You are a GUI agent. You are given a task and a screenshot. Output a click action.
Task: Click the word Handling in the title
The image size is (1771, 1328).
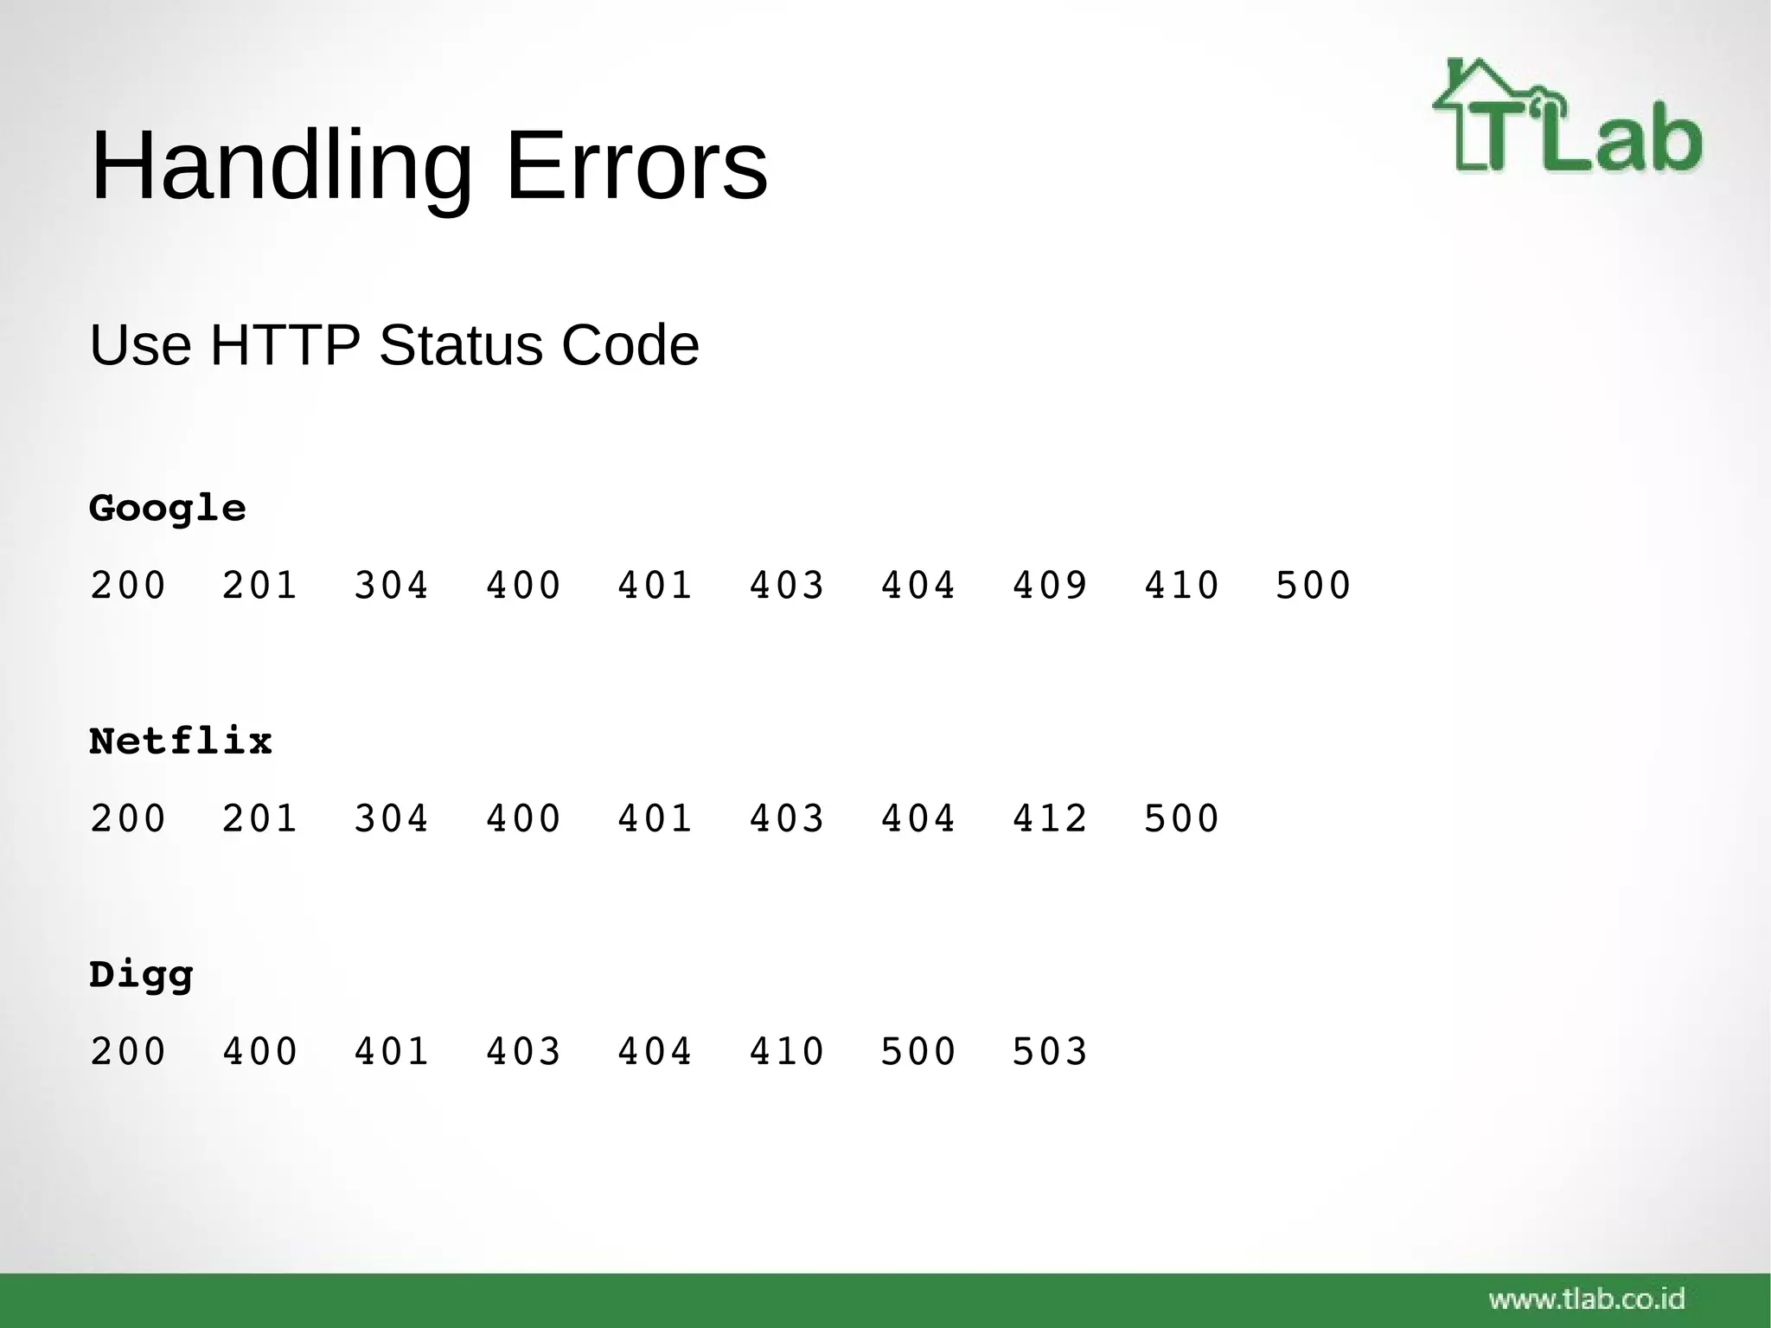click(x=281, y=166)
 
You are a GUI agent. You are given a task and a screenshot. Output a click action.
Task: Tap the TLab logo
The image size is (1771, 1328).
click(x=1567, y=117)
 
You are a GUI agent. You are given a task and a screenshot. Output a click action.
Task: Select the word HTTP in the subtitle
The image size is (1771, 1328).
click(x=285, y=345)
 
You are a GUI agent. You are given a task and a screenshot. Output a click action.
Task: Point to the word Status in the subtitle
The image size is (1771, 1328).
click(x=461, y=345)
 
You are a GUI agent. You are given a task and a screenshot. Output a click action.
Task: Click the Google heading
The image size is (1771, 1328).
click(x=168, y=509)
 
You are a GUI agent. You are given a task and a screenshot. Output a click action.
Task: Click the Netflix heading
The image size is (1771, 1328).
click(x=181, y=741)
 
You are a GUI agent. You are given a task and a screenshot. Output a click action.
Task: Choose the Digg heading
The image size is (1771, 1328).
click(x=141, y=976)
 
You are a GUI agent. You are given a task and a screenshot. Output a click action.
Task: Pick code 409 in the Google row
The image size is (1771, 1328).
click(x=1050, y=586)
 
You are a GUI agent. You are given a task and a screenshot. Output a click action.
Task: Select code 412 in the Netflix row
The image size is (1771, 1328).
click(x=1050, y=818)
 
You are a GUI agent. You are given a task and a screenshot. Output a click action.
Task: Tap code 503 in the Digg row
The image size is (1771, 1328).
click(x=1050, y=1052)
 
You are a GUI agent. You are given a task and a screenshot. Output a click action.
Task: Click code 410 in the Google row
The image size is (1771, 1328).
click(x=1181, y=586)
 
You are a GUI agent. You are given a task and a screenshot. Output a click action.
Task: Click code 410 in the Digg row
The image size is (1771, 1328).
click(x=786, y=1052)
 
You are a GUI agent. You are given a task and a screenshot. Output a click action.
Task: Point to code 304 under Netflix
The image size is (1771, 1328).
click(x=391, y=818)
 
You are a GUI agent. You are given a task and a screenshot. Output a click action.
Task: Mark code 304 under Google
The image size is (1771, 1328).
click(x=391, y=586)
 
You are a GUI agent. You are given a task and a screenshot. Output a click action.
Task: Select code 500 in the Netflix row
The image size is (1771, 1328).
click(x=1181, y=818)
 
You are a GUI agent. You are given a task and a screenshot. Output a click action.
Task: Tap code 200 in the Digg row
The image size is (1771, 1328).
click(x=128, y=1052)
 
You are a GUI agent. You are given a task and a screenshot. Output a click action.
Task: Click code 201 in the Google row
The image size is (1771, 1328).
click(x=259, y=586)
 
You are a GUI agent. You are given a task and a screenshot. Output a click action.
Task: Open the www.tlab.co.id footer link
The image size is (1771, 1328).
click(x=1587, y=1299)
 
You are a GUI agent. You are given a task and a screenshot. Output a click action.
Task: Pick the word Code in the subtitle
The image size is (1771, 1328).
click(x=630, y=345)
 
